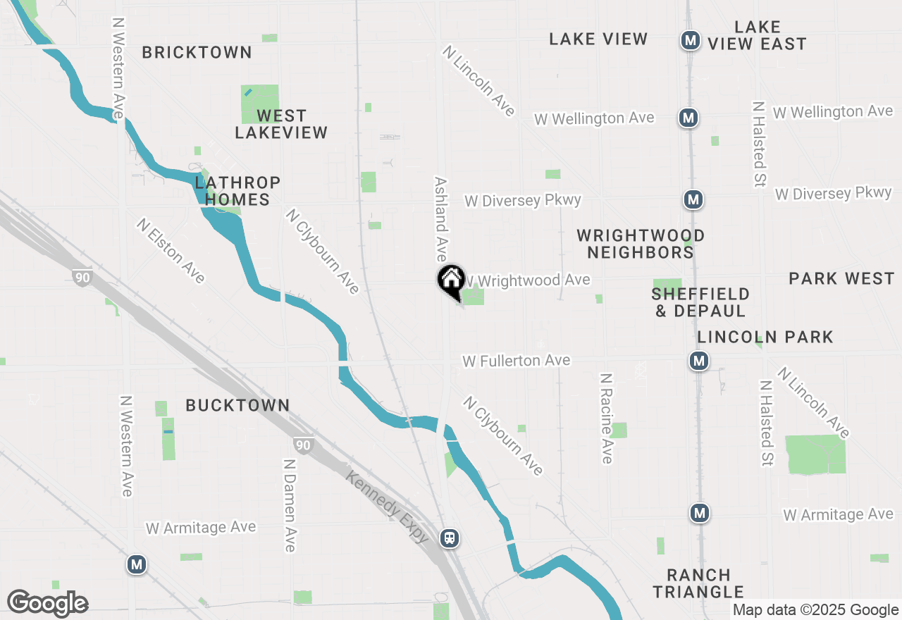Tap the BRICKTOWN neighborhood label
(x=197, y=52)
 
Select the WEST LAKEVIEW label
(x=281, y=124)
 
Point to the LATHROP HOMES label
(x=237, y=191)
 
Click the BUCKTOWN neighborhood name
(x=237, y=405)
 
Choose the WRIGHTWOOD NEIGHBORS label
(x=641, y=244)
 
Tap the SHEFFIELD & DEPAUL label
(x=700, y=302)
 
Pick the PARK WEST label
(x=841, y=279)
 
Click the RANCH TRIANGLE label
(x=698, y=583)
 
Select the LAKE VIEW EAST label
(x=757, y=36)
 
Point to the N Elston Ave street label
(x=171, y=251)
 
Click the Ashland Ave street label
(x=441, y=218)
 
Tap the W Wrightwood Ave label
(x=526, y=280)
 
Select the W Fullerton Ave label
(x=516, y=361)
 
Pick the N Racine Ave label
(x=606, y=418)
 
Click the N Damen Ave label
(x=289, y=505)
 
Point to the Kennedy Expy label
(x=387, y=506)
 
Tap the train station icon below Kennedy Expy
(x=449, y=538)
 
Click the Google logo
(x=47, y=603)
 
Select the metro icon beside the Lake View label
(x=690, y=41)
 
